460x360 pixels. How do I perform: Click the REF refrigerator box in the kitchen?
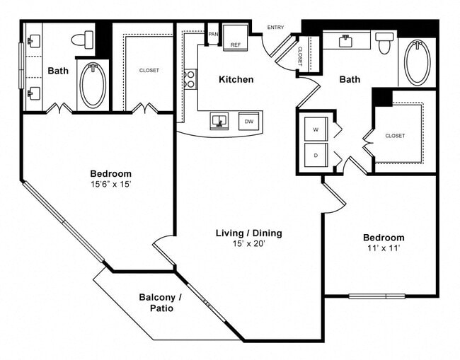click(236, 38)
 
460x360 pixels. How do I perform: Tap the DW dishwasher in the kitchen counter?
click(248, 121)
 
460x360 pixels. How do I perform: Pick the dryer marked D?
click(315, 154)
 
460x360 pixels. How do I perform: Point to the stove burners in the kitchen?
click(190, 79)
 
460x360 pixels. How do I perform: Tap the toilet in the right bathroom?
click(384, 43)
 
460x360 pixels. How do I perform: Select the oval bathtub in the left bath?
click(93, 85)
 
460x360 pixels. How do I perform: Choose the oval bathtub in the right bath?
click(417, 62)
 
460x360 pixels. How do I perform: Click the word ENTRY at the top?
click(275, 28)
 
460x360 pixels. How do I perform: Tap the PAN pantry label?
click(212, 33)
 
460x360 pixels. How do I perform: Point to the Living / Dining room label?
click(249, 233)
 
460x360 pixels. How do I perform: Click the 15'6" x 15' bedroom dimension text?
click(110, 184)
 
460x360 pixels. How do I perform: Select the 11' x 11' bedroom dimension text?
click(383, 248)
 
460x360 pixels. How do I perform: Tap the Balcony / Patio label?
click(161, 303)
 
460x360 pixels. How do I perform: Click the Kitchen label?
click(236, 79)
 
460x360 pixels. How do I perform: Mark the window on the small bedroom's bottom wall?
click(376, 296)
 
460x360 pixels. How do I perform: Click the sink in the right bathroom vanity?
click(347, 41)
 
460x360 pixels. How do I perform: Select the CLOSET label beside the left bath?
click(149, 70)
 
